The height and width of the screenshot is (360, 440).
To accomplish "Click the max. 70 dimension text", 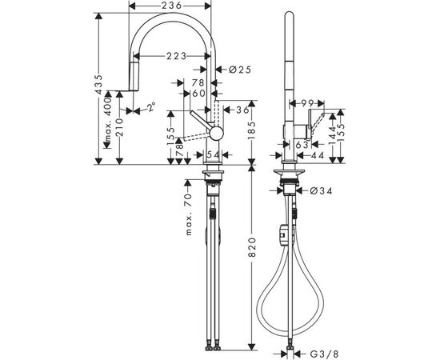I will click(190, 214).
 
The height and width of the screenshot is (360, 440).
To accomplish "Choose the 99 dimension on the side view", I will click(306, 103).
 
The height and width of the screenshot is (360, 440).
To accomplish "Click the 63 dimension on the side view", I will click(302, 146).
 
